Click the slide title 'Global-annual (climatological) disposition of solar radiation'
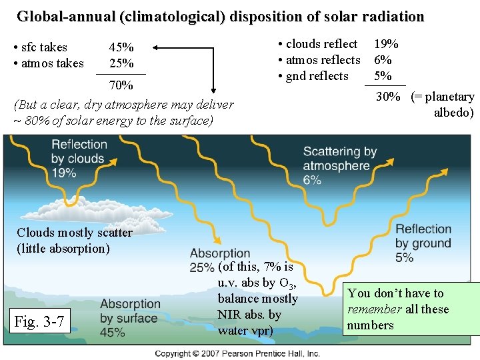[220, 16]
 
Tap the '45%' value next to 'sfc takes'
[121, 47]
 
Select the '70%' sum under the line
[121, 85]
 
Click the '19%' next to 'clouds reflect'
[386, 44]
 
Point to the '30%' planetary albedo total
[388, 97]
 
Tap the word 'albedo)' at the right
[453, 113]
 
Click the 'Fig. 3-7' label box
[39, 322]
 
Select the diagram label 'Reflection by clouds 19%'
[78, 159]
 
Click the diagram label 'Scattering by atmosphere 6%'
[339, 166]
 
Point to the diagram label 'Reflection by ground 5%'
[423, 243]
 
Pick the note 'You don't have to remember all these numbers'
[398, 309]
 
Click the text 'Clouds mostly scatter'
[74, 233]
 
